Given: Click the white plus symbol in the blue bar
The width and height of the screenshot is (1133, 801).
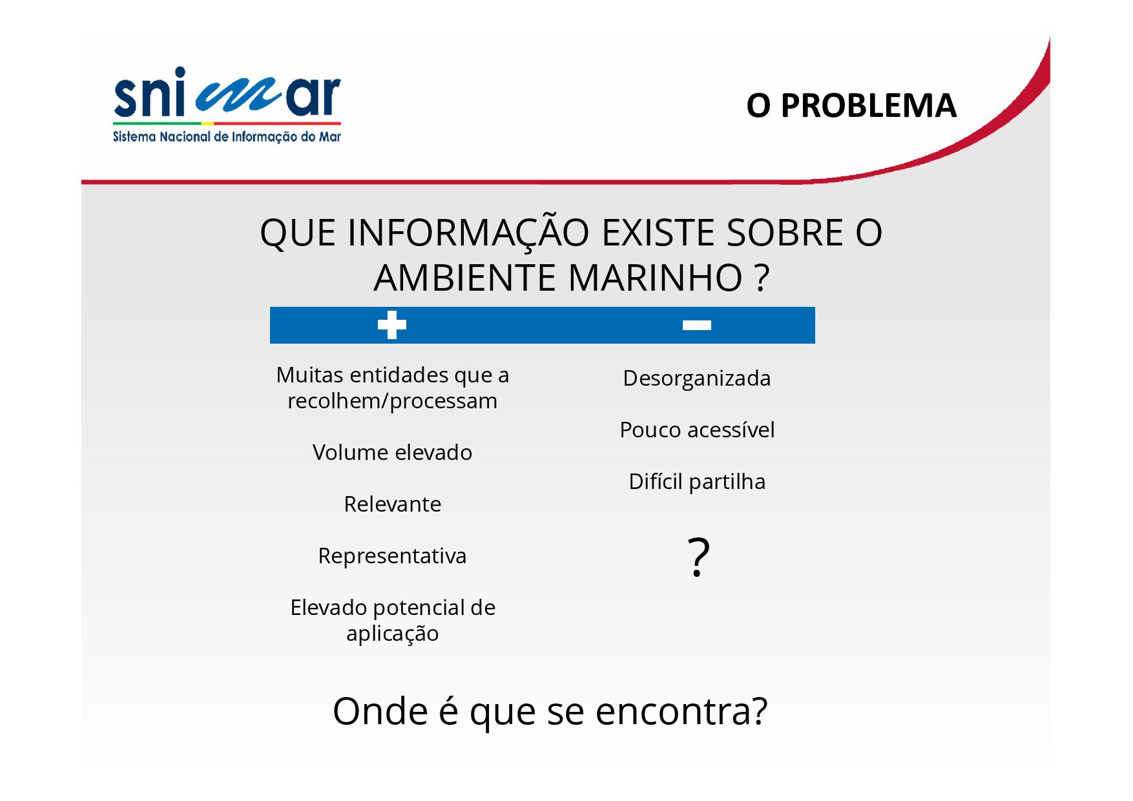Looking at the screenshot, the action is point(392,325).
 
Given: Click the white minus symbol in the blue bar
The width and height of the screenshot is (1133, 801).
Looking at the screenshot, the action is point(697,325).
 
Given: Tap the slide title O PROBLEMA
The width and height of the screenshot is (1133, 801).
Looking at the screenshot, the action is point(851,105).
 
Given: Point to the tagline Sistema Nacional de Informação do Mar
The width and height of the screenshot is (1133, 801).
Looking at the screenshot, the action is point(227,137).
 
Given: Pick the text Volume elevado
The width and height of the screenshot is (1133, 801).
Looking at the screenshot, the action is point(392,452).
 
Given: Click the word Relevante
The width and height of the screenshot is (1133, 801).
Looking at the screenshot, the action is point(392,504).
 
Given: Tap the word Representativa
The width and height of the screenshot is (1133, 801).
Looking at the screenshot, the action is point(392,556).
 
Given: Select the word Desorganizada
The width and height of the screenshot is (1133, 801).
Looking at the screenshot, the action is point(697,379).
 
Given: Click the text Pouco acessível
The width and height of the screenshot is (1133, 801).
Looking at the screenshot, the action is point(697,430).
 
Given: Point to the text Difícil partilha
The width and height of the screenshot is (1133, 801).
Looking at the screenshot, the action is point(697,482).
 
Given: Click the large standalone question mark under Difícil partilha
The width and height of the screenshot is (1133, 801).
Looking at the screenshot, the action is point(698,557).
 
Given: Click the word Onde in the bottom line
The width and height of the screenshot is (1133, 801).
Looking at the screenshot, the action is point(380,711).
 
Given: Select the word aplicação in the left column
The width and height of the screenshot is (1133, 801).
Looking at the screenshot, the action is point(392,634).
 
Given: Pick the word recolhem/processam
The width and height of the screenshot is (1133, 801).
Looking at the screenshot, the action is point(392,401).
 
